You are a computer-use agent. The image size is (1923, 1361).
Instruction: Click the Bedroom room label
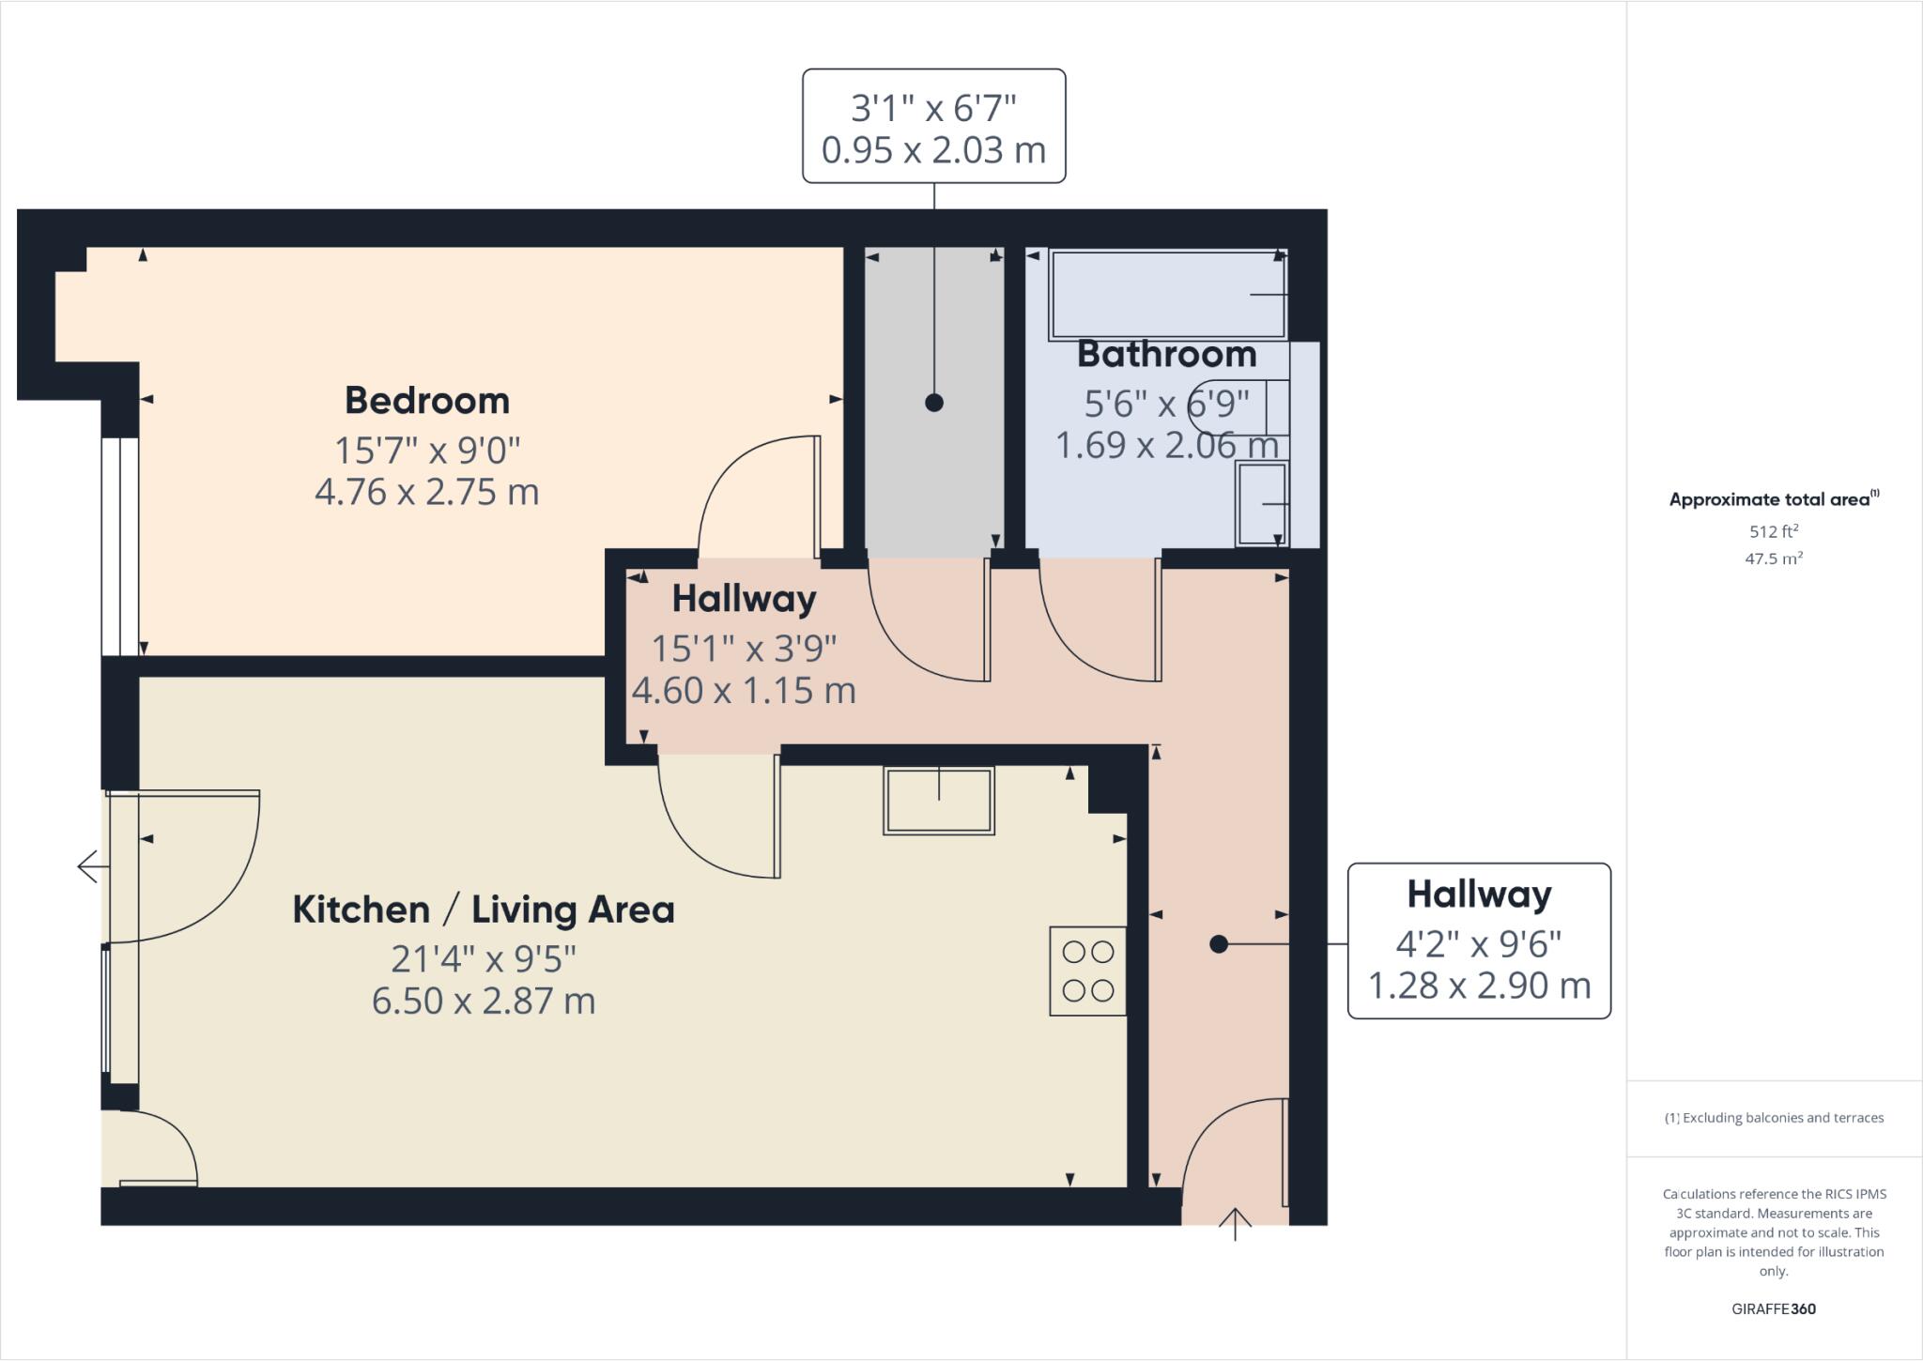[427, 401]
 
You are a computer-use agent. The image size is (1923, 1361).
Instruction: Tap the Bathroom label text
[1166, 354]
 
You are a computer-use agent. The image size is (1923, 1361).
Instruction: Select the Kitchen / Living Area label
[484, 910]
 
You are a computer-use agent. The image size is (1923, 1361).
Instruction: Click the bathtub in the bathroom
[1166, 294]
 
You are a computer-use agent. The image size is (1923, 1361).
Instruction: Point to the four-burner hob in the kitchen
[1087, 971]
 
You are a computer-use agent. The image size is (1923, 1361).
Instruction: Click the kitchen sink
[938, 800]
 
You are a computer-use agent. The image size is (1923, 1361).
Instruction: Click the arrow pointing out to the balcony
[88, 865]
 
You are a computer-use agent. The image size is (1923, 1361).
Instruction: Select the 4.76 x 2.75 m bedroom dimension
[427, 492]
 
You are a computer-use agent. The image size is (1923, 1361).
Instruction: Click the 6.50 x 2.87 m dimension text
[484, 1001]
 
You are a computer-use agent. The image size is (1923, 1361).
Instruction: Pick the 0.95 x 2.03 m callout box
[933, 126]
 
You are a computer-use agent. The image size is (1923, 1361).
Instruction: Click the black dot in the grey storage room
[933, 403]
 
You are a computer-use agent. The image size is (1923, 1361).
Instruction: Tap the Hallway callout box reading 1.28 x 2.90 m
[1479, 940]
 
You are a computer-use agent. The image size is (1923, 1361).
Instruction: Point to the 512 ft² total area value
[1774, 531]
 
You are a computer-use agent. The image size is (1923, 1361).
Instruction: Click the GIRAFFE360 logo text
[1774, 1308]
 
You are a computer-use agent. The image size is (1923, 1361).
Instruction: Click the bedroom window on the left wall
[120, 545]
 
